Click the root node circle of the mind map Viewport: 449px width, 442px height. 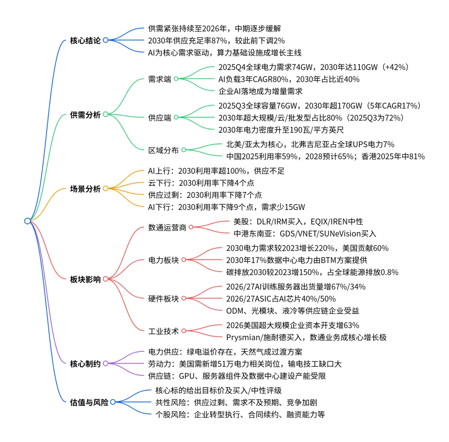(27, 221)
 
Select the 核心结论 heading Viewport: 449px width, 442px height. (85, 40)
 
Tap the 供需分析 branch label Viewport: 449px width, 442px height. (85, 114)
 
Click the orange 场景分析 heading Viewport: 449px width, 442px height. (85, 188)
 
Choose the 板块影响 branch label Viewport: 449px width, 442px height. (85, 279)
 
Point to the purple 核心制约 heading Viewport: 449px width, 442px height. (85, 363)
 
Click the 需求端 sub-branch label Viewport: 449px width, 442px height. (160, 79)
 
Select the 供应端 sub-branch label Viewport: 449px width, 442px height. (160, 118)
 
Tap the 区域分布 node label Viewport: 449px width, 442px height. (163, 150)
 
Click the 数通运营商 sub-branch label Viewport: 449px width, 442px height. (167, 227)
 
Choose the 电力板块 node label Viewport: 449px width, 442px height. (163, 260)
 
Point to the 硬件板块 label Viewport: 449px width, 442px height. (163, 298)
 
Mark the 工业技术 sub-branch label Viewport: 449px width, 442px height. (163, 331)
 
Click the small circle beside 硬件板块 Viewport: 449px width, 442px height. (183, 299)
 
